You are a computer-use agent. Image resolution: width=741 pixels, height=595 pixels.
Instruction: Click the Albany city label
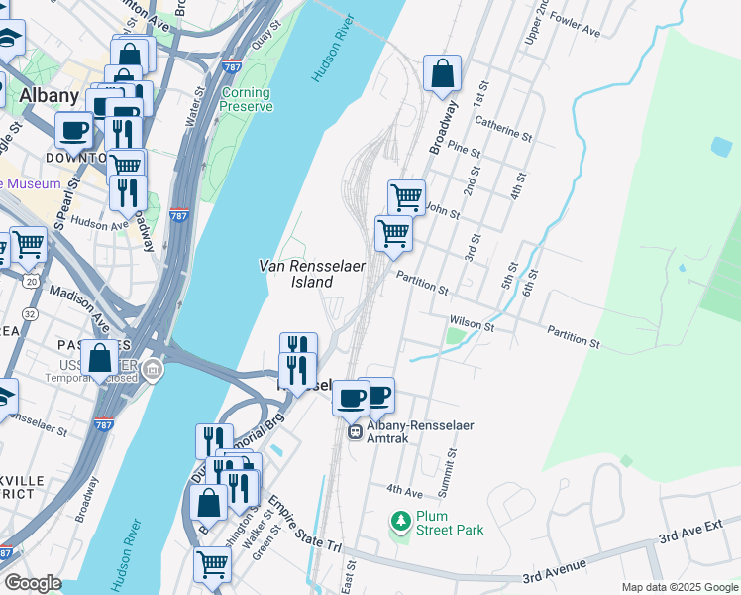tap(49, 95)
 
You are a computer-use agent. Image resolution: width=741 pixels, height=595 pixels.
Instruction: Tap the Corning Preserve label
tap(246, 100)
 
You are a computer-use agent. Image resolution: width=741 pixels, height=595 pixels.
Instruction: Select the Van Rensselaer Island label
tap(295, 274)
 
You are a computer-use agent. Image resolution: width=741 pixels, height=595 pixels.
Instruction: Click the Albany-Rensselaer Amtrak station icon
tap(354, 431)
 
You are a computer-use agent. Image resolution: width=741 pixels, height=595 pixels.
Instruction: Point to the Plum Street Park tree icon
tap(401, 520)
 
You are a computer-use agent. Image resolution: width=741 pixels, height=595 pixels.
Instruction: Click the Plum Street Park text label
tap(450, 523)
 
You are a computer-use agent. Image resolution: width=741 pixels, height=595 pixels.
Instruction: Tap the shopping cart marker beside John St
tap(406, 197)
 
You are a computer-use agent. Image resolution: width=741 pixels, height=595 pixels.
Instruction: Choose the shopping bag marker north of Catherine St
tap(442, 72)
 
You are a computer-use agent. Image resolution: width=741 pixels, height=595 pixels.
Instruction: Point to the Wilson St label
tap(472, 323)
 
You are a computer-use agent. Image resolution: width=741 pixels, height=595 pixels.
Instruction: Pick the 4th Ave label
tap(404, 490)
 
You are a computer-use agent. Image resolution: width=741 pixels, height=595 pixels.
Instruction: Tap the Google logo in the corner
tap(32, 583)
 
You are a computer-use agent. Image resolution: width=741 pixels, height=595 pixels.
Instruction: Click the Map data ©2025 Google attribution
tap(679, 587)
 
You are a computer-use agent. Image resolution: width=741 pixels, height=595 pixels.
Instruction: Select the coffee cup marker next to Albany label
tap(74, 129)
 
